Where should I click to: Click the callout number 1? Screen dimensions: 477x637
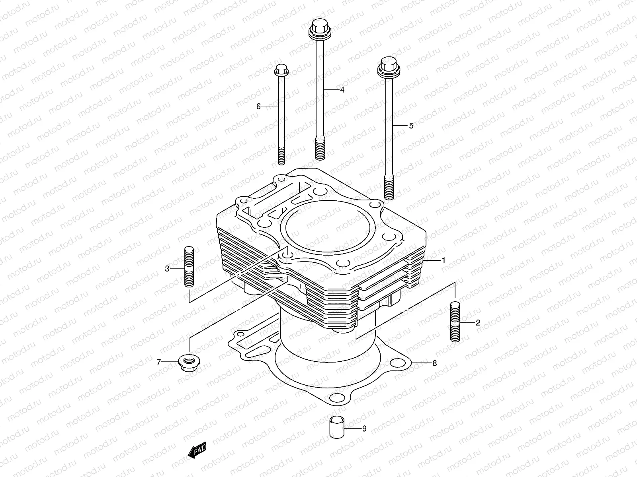443,260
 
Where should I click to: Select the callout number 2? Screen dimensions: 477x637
478,322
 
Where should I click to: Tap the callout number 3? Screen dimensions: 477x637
167,269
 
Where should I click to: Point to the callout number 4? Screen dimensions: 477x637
342,90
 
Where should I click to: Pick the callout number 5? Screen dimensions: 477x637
411,126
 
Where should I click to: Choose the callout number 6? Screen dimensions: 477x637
258,106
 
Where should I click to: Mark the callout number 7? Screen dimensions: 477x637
158,362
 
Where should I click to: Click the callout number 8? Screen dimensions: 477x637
434,363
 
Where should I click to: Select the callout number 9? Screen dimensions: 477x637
364,429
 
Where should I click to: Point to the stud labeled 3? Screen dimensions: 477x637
189,267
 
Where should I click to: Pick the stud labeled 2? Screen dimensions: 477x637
455,322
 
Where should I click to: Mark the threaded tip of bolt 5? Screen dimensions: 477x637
389,189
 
